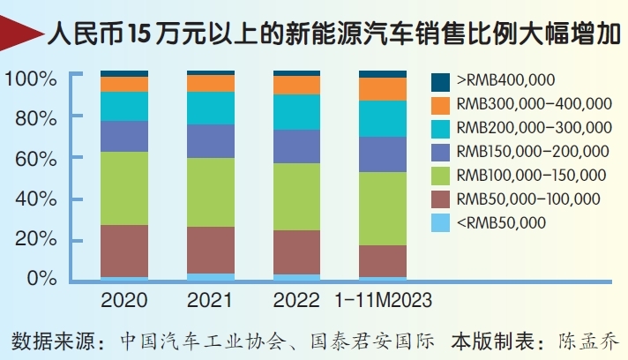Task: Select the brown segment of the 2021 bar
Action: (210, 250)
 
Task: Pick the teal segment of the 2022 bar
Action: (296, 112)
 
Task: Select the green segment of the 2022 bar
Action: (296, 196)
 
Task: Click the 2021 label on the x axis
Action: (210, 301)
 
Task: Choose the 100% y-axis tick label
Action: (32, 79)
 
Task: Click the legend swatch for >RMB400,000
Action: (440, 81)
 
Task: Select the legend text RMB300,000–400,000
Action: (534, 104)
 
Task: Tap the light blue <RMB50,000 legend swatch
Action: (440, 223)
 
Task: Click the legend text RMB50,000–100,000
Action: (527, 199)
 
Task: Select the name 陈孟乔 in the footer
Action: (589, 340)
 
